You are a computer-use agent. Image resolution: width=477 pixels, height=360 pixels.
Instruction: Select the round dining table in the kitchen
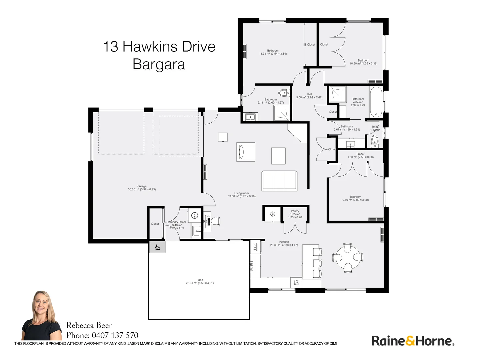[x=347, y=257]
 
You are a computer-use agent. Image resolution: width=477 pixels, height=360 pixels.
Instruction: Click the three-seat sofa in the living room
[x=279, y=181]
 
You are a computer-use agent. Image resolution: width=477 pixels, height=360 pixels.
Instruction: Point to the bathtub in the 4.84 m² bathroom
[x=376, y=102]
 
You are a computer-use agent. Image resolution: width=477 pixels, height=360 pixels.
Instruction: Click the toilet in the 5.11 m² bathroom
[x=284, y=92]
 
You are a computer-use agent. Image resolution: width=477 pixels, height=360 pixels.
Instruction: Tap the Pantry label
[x=295, y=211]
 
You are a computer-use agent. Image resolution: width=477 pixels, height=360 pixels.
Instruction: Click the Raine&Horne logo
[x=413, y=341]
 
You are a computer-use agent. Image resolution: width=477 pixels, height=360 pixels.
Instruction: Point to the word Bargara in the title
[x=159, y=64]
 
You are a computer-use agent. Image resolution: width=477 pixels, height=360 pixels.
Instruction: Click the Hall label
[x=309, y=94]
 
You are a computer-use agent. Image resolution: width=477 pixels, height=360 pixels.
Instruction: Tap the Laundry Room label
[x=177, y=222]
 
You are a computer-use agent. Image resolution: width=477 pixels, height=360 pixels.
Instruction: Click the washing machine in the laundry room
[x=195, y=216]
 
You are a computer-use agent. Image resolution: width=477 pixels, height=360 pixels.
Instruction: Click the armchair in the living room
[x=246, y=152]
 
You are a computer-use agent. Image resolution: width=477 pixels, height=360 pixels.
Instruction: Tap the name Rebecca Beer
[x=89, y=325]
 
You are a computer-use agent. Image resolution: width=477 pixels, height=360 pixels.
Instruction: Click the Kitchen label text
[x=284, y=242]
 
